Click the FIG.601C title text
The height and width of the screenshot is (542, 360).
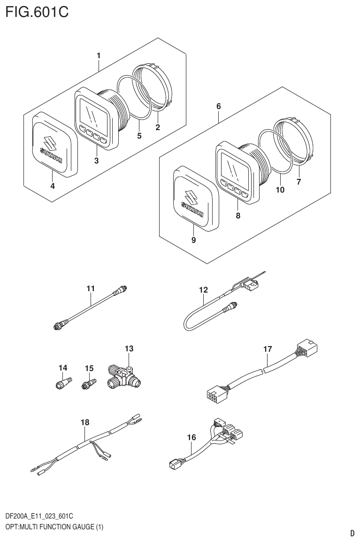click(37, 12)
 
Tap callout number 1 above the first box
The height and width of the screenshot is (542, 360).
click(99, 56)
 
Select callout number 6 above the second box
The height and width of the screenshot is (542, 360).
click(219, 107)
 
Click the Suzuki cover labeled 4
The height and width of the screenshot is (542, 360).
click(51, 146)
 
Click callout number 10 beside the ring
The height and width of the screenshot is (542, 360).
click(280, 190)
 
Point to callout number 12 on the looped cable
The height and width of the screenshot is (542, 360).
click(203, 290)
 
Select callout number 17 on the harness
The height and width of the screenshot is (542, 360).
click(267, 349)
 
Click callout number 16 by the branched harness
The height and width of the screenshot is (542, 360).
click(191, 437)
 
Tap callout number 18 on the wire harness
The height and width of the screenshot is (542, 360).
click(84, 422)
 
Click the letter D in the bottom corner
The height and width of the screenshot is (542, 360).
click(352, 533)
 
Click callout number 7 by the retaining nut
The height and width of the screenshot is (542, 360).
click(299, 181)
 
